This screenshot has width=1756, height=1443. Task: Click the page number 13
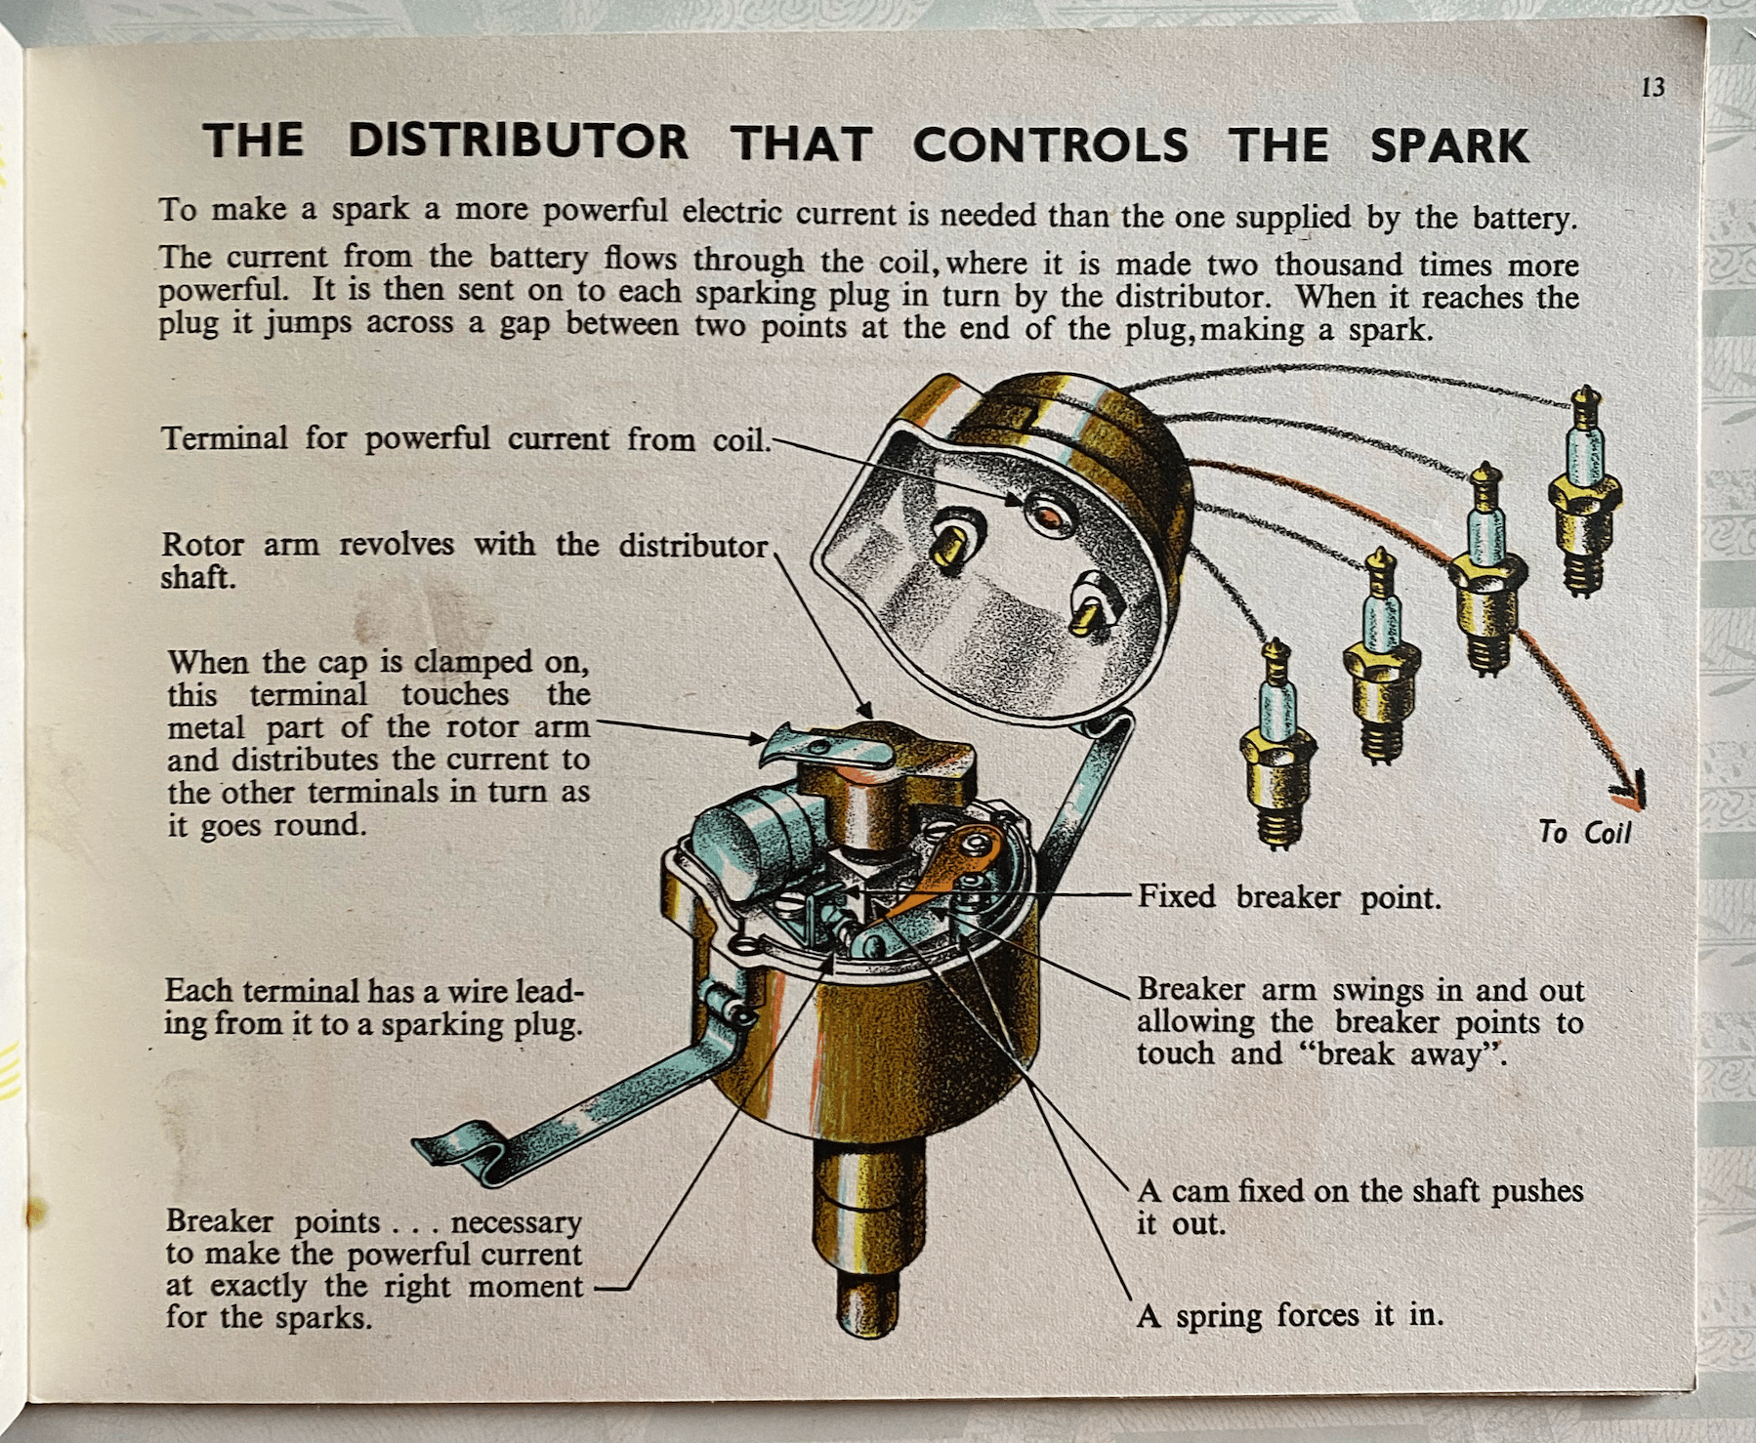1652,88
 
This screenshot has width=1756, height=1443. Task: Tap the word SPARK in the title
1449,145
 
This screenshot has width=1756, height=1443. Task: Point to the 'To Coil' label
1585,832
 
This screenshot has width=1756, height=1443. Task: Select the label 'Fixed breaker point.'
1289,896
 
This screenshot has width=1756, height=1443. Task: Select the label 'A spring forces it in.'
1289,1316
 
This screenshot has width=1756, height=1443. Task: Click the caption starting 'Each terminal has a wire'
374,1008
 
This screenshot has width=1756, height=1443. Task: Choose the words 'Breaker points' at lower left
272,1221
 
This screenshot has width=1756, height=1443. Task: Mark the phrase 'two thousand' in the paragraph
1329,265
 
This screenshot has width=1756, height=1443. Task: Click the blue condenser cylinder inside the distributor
747,840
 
